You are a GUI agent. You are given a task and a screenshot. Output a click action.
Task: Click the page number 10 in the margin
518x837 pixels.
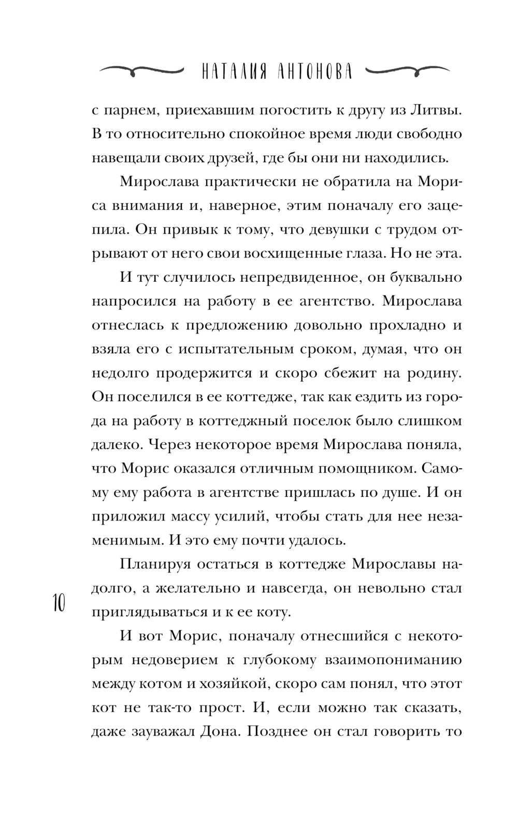click(57, 604)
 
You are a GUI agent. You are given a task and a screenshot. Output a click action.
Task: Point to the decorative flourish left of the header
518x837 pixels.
click(141, 70)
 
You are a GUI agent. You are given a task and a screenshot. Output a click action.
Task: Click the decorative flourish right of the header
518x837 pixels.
click(406, 70)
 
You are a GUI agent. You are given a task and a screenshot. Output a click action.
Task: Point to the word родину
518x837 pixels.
click(434, 373)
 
